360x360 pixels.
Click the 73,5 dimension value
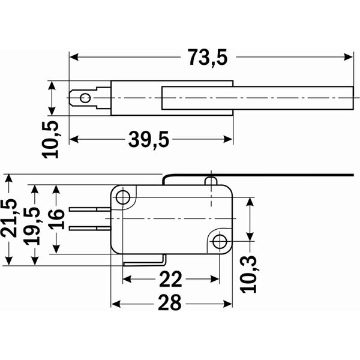tap(208, 58)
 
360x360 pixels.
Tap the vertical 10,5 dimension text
tap(52, 139)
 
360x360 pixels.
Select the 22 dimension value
tap(170, 280)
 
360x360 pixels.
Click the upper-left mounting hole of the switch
tap(124, 197)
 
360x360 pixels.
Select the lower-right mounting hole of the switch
tap(220, 242)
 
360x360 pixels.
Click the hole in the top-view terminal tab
tap(86, 98)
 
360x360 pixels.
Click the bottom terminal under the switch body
tap(144, 262)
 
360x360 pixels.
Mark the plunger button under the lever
tap(210, 181)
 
